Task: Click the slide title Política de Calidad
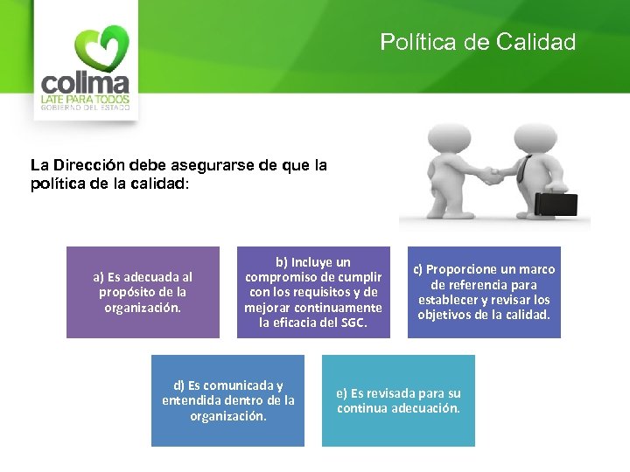coord(478,42)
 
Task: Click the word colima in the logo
coord(86,84)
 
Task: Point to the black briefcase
coord(556,205)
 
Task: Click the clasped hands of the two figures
coord(495,176)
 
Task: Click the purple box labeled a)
coord(143,292)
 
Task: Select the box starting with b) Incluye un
coord(312,292)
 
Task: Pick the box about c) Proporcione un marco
coord(484,292)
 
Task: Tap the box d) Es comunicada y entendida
coord(227,400)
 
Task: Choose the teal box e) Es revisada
coord(398,400)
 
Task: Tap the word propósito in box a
coord(129,292)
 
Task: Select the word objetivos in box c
coord(446,315)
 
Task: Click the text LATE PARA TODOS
coord(86,100)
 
